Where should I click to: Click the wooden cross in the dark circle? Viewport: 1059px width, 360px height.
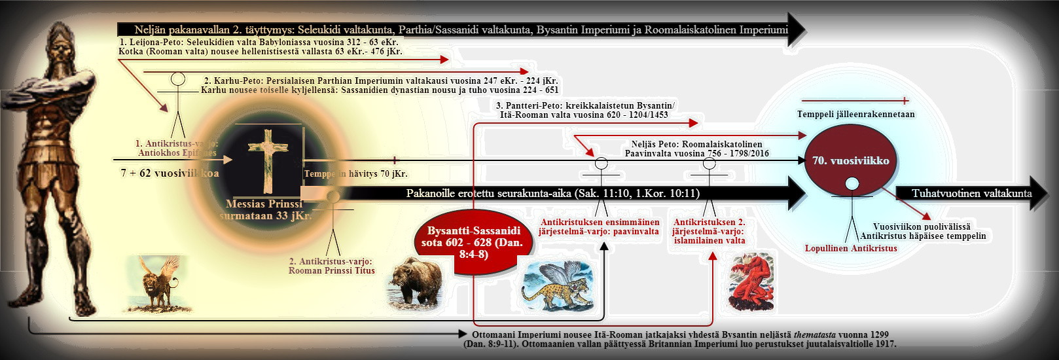click(268, 161)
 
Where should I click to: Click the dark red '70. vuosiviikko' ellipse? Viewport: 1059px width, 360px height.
click(850, 161)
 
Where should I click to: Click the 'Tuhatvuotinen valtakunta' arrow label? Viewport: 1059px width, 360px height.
click(971, 193)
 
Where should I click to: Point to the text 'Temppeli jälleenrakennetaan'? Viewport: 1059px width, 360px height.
click(855, 114)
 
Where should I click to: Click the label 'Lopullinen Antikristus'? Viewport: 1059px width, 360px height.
click(850, 248)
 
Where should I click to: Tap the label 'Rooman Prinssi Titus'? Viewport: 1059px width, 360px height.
click(332, 270)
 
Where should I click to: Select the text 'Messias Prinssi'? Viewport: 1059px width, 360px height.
click(264, 204)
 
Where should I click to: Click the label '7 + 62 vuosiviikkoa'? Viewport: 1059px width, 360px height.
click(170, 173)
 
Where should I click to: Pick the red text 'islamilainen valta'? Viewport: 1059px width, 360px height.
click(709, 240)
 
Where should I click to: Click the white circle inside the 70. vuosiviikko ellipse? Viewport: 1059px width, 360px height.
click(851, 184)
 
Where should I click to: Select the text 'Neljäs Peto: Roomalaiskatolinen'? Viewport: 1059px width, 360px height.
click(696, 144)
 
